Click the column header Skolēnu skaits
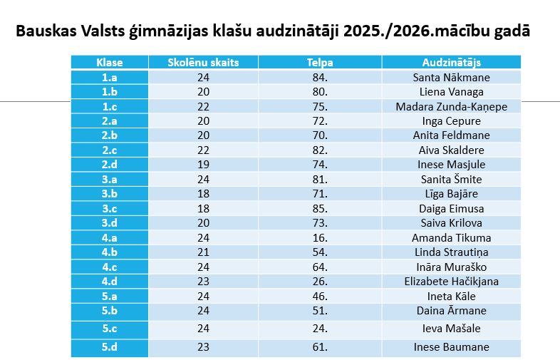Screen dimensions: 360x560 pyautogui.click(x=203, y=62)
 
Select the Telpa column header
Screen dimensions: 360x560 pyautogui.click(x=320, y=62)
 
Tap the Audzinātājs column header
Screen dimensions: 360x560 pyautogui.click(x=451, y=62)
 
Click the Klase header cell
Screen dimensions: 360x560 pyautogui.click(x=109, y=62)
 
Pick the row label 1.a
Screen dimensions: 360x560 pyautogui.click(x=109, y=77)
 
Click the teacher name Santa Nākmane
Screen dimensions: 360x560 pyautogui.click(x=451, y=77)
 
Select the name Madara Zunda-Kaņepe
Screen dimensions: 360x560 pyautogui.click(x=451, y=106)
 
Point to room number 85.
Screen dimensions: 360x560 pyautogui.click(x=320, y=208)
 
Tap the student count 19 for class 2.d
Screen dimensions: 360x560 pyautogui.click(x=203, y=165)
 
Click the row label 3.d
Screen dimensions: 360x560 pyautogui.click(x=109, y=223)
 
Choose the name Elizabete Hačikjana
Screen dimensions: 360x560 pyautogui.click(x=451, y=282)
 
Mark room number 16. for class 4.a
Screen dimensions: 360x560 pyautogui.click(x=320, y=237)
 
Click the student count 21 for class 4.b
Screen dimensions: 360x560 pyautogui.click(x=203, y=252)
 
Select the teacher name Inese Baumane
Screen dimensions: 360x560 pyautogui.click(x=451, y=347)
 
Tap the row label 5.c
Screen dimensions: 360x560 pyautogui.click(x=109, y=329)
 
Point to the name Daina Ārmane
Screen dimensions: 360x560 pyautogui.click(x=451, y=311)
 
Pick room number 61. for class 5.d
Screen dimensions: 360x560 pyautogui.click(x=320, y=347)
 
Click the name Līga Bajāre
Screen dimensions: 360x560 pyautogui.click(x=451, y=194)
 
